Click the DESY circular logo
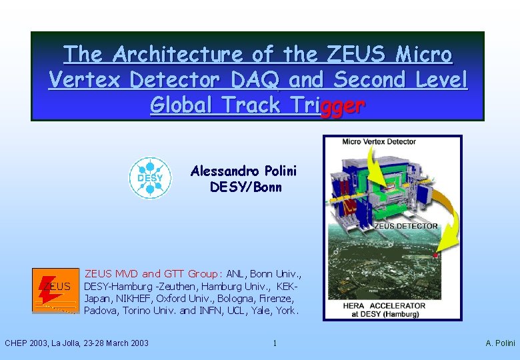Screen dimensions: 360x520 (150, 178)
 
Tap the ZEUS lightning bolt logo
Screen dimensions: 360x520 (55, 290)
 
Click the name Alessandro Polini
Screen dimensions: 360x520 (243, 171)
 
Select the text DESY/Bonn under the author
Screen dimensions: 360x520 (245, 187)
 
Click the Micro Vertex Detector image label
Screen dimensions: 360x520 (379, 142)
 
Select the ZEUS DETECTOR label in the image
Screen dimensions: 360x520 (406, 225)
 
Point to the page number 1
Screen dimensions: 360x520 (274, 343)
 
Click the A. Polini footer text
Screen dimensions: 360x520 (500, 343)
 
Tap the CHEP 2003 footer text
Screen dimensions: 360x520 (77, 343)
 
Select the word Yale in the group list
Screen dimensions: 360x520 (259, 310)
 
